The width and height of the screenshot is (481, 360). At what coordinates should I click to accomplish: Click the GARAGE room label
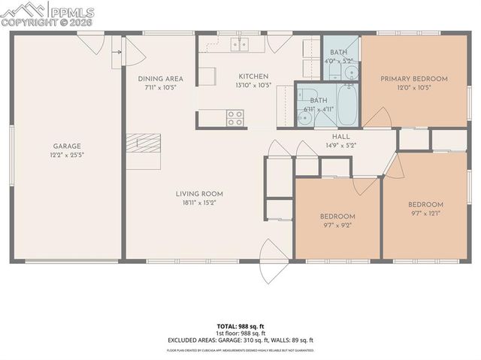click(66, 146)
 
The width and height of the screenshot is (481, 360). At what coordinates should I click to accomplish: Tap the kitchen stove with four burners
click(235, 117)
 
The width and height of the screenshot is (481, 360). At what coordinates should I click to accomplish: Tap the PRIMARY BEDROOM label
click(413, 78)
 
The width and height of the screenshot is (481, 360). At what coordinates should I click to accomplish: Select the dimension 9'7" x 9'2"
click(337, 225)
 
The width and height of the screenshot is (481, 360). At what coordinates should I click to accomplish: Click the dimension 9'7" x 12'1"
click(425, 213)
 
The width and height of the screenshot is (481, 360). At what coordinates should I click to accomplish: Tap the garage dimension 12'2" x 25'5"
click(66, 156)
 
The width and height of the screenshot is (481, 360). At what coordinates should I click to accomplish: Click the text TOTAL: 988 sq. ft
click(240, 326)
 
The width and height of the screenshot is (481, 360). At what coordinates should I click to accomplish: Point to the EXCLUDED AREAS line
click(240, 340)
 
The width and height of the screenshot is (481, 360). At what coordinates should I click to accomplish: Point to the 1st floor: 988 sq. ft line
click(240, 333)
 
